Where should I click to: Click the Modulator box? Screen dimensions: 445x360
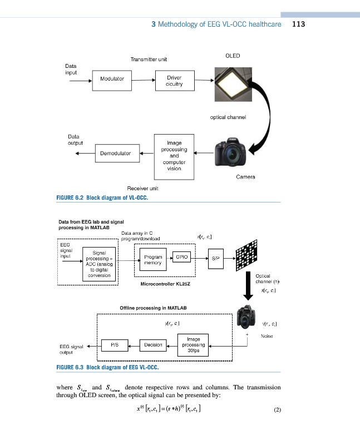pyautogui.click(x=112, y=80)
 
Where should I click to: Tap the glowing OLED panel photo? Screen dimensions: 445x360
pyautogui.click(x=233, y=83)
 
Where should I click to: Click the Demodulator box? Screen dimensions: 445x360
pyautogui.click(x=115, y=152)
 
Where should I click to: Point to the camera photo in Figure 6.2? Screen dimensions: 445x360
pyautogui.click(x=230, y=151)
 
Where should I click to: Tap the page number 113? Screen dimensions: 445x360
pyautogui.click(x=298, y=24)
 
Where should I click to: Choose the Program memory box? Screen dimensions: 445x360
pyautogui.click(x=152, y=260)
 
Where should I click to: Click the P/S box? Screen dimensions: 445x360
pyautogui.click(x=115, y=345)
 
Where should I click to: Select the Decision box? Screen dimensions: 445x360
pyautogui.click(x=153, y=345)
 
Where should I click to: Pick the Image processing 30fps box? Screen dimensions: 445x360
pyautogui.click(x=194, y=344)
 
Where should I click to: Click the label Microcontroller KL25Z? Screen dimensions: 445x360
pyautogui.click(x=165, y=284)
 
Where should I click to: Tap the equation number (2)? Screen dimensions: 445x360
pyautogui.click(x=278, y=411)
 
